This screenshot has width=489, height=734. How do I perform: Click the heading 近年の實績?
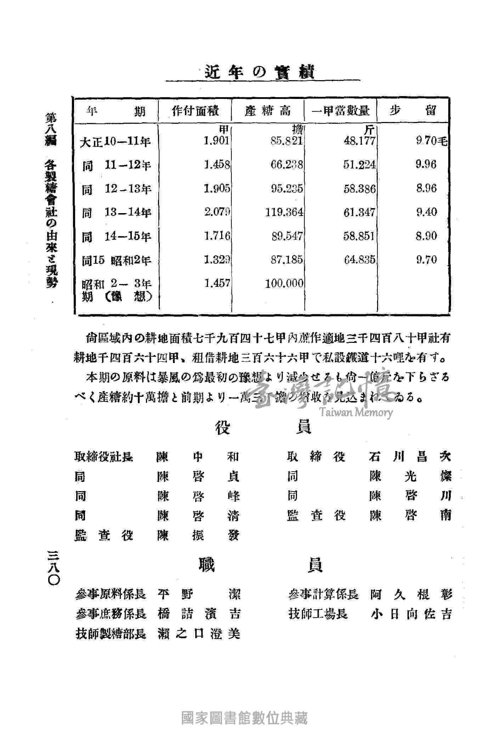(260, 72)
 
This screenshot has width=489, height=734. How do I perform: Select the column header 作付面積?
(195, 111)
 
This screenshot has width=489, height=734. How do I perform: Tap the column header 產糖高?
(268, 111)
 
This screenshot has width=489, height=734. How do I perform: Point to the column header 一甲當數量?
(341, 111)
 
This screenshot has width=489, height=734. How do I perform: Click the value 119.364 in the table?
(284, 212)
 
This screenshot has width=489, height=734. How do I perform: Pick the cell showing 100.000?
(284, 283)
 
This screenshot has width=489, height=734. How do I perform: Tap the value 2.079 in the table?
(217, 212)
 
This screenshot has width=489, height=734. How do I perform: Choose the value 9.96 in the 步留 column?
(427, 165)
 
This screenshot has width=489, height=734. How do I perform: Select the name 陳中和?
(198, 457)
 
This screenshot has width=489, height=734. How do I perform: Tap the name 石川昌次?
(410, 457)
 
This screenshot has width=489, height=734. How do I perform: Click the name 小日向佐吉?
(411, 614)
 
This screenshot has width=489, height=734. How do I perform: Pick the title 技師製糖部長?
(111, 634)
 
